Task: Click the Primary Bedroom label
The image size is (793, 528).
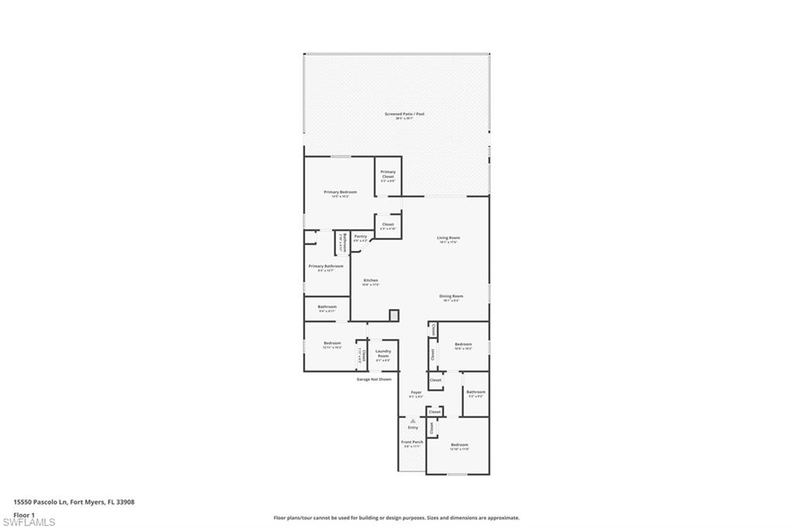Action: (340, 192)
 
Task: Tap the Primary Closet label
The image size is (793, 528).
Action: (388, 172)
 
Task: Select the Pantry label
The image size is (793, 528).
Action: (360, 236)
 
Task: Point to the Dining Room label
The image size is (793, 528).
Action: (451, 296)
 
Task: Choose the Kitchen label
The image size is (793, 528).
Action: (370, 280)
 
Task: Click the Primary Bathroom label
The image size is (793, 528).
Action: (325, 266)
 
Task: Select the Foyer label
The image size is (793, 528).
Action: (416, 393)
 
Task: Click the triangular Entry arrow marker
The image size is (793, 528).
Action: (413, 421)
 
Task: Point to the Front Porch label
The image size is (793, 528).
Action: (412, 442)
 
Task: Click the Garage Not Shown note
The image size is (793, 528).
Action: (374, 379)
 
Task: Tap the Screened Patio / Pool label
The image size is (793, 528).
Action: (404, 114)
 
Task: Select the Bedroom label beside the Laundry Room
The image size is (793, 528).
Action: (332, 343)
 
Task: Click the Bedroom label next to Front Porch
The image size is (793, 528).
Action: (459, 444)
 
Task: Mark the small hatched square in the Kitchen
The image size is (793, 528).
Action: (393, 314)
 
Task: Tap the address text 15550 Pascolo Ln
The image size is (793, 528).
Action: (40, 502)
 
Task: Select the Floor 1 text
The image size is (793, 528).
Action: (24, 514)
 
